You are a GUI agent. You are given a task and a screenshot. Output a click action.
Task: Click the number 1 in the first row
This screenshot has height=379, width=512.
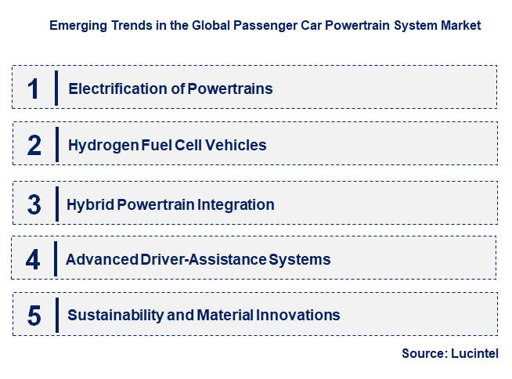point(33,88)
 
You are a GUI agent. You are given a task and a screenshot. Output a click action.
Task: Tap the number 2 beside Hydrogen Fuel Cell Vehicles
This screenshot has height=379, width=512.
point(33,145)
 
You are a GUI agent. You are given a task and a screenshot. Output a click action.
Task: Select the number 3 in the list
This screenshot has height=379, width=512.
point(33,205)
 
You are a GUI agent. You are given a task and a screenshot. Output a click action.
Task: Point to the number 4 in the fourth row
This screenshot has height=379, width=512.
point(33,259)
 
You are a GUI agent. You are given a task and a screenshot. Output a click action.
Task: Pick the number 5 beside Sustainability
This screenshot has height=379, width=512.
point(33,315)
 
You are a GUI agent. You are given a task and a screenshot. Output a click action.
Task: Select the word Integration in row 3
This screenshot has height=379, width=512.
point(236,205)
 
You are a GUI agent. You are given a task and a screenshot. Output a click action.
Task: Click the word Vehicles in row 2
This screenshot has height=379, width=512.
point(238,145)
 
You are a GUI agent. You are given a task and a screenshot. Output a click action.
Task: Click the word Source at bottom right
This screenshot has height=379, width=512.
point(424,354)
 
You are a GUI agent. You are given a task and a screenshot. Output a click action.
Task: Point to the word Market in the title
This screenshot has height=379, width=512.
point(461,25)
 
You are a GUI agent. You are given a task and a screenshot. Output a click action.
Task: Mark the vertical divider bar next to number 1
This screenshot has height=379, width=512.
point(56,88)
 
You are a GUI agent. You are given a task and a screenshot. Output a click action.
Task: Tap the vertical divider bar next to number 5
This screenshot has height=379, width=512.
point(56,315)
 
